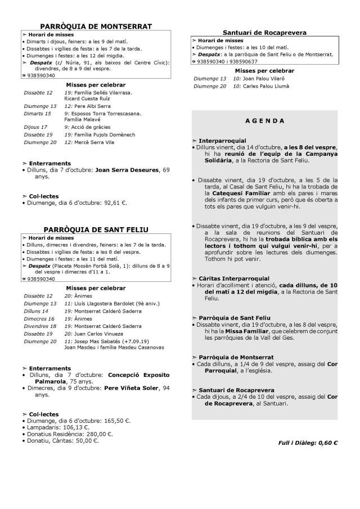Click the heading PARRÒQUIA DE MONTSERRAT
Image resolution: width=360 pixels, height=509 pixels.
click(96, 26)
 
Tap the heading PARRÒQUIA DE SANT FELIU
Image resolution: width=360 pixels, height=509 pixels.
click(96, 229)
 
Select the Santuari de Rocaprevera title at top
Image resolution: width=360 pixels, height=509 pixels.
click(264, 33)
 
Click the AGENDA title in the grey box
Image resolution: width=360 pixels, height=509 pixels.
click(264, 121)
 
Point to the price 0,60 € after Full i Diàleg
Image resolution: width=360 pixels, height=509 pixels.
click(328, 443)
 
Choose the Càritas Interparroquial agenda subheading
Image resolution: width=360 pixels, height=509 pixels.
click(234, 278)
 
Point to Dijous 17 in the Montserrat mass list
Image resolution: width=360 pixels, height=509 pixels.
click(35, 127)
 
